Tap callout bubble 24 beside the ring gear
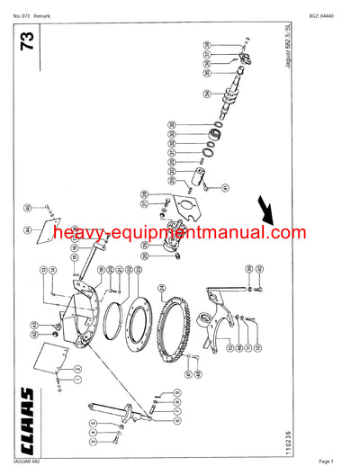tap(160, 287)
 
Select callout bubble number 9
tap(175, 393)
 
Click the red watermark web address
tap(180, 233)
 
